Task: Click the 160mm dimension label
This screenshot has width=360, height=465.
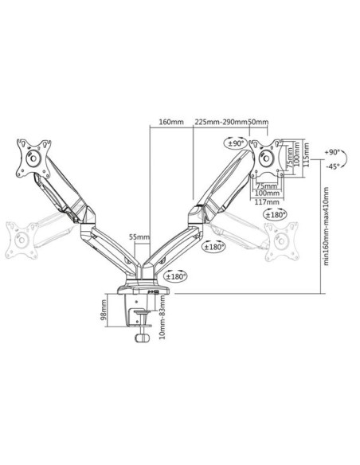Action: pos(171,122)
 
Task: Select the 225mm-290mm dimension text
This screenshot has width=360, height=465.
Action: pos(221,122)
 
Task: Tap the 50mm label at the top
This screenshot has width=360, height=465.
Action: pos(258,122)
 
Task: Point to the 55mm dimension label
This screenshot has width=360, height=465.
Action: pos(139,237)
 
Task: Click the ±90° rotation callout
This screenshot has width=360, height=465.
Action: pos(236,143)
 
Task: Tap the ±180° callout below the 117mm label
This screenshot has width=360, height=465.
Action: pos(276,215)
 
